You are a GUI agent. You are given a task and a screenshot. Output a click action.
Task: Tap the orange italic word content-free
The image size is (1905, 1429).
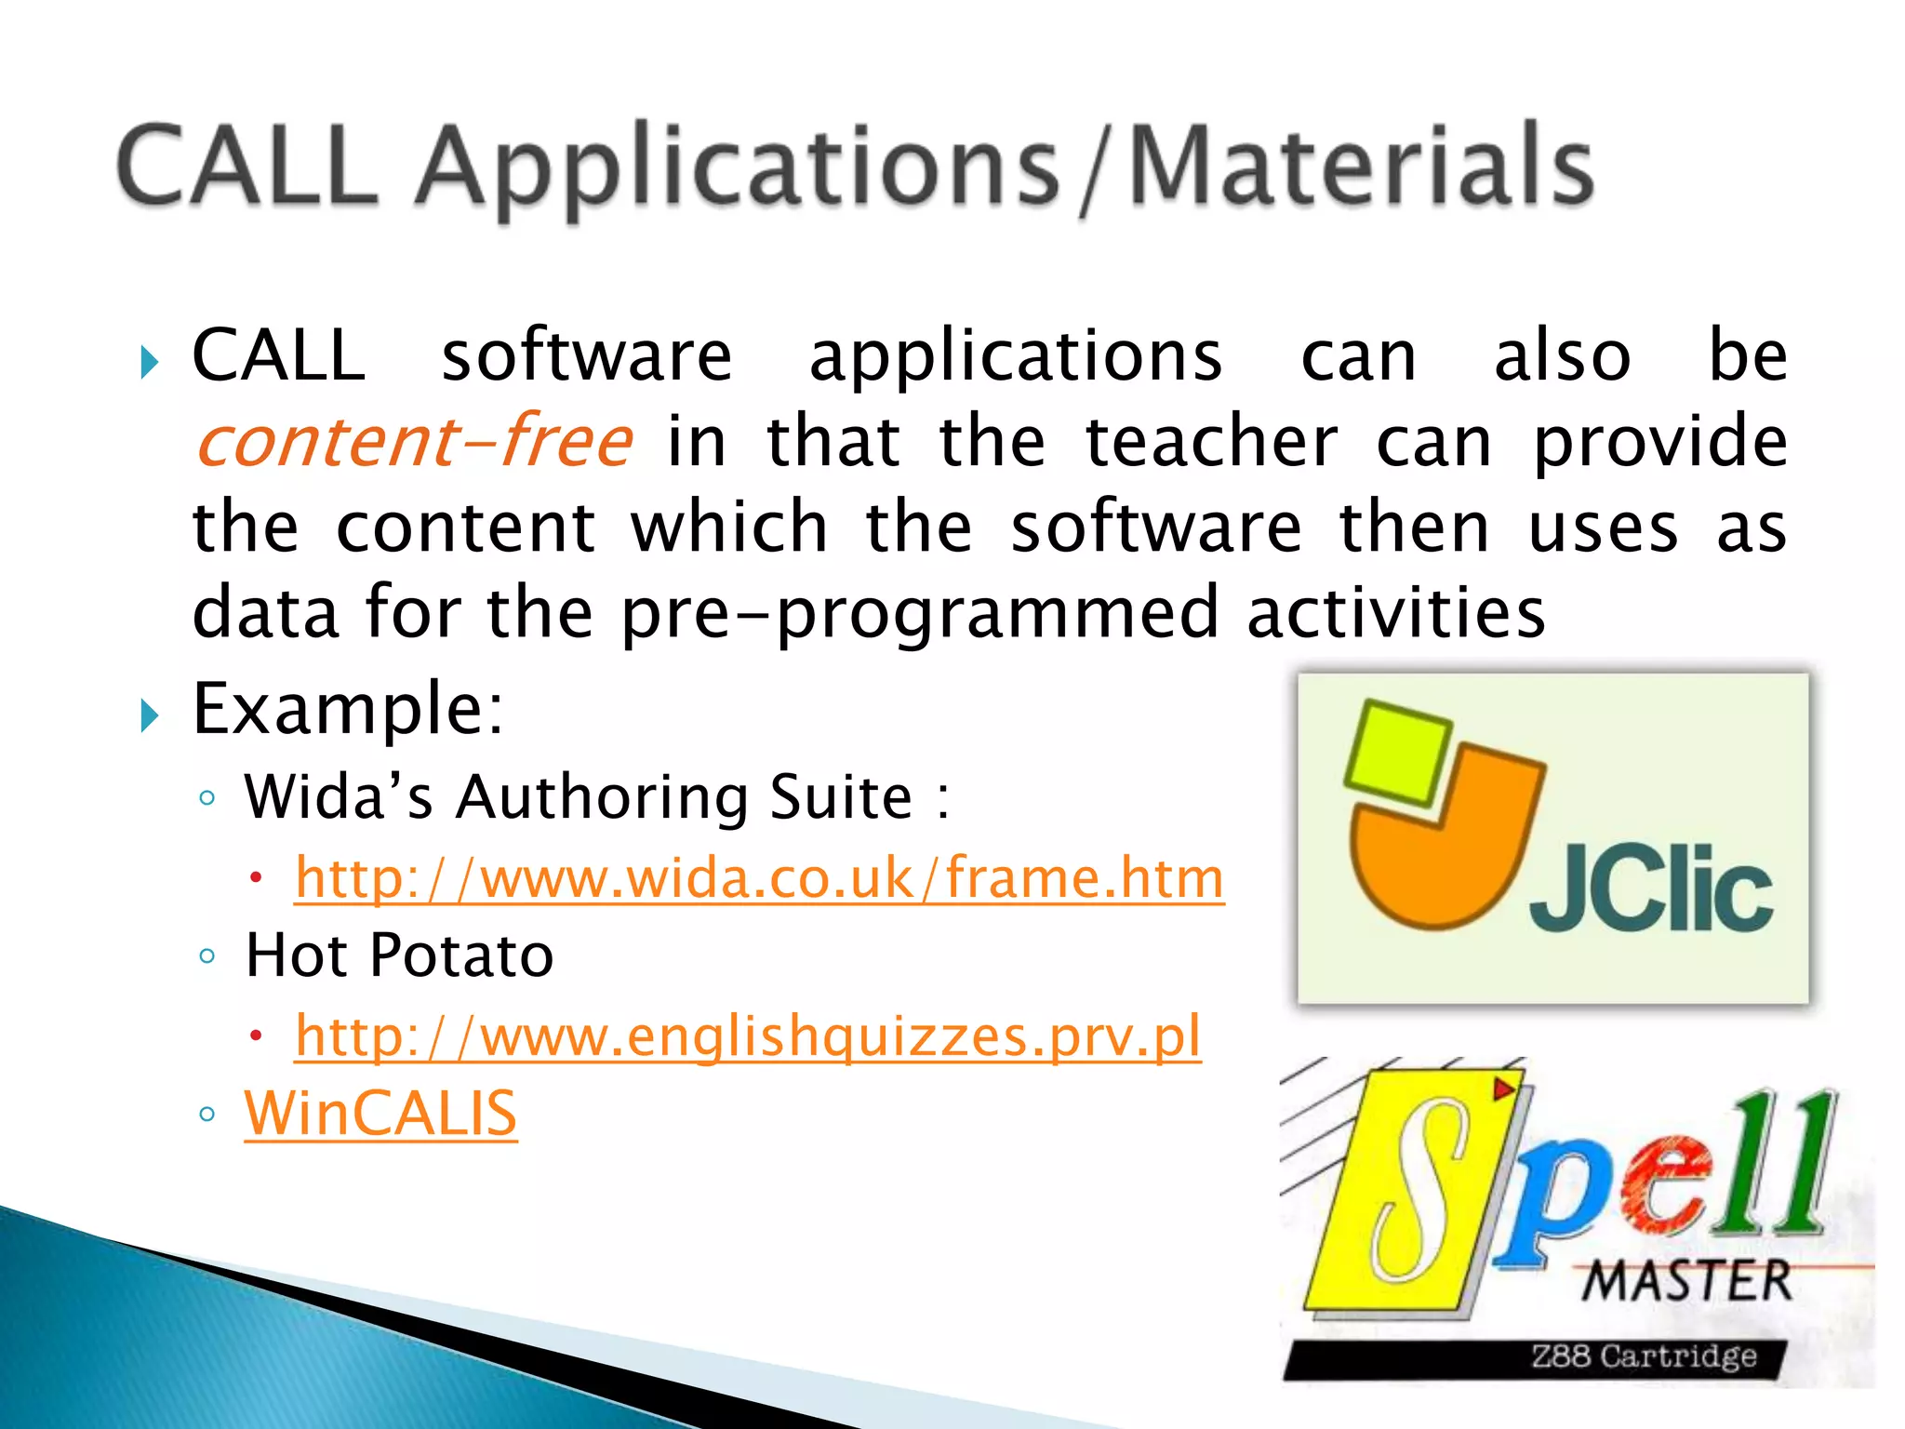pos(414,441)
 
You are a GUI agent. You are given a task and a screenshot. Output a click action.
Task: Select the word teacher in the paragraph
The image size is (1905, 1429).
pos(1211,441)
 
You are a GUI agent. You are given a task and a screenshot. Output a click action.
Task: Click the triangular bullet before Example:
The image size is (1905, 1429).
pos(149,714)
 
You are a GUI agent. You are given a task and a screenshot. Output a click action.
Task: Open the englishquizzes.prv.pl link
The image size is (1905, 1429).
pos(748,1035)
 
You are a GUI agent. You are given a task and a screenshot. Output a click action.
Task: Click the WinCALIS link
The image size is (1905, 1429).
pos(380,1114)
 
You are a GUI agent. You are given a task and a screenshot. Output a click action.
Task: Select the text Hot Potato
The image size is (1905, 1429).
pos(399,955)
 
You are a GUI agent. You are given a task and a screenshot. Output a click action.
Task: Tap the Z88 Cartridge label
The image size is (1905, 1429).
pos(1644,1356)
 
